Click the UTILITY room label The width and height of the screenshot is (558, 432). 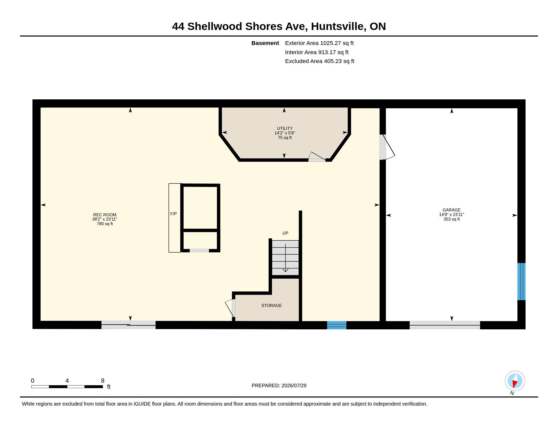[x=285, y=128]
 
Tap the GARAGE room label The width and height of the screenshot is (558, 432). [x=451, y=210]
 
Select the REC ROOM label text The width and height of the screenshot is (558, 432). [x=104, y=215]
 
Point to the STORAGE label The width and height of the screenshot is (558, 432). [x=271, y=305]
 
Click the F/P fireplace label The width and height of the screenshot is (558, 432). [x=173, y=214]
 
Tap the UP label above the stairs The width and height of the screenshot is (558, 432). [x=285, y=233]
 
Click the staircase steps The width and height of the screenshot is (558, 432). [x=285, y=258]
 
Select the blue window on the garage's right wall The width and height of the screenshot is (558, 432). [x=521, y=281]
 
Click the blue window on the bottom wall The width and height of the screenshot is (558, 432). [x=337, y=325]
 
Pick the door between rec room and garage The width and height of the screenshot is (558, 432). [x=387, y=147]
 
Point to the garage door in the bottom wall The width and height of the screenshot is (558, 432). [x=445, y=325]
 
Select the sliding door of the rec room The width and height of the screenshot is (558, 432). [x=128, y=325]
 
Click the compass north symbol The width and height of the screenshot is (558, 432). [x=515, y=381]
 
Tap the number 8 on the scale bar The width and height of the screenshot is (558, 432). [x=103, y=381]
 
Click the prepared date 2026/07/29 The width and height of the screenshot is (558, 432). [x=294, y=385]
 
